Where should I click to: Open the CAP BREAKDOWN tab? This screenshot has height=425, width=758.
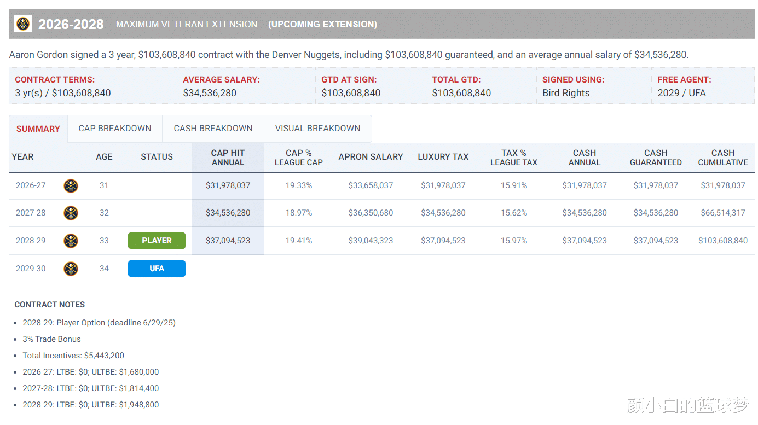[115, 129]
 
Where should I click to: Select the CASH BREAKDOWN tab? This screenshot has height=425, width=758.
[213, 129]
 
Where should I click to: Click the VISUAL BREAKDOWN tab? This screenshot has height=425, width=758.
[317, 129]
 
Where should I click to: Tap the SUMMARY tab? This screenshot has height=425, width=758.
[38, 129]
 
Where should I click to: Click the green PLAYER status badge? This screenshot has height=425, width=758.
[157, 241]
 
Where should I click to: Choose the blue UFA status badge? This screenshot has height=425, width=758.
[157, 269]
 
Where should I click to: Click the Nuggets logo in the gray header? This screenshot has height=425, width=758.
[23, 24]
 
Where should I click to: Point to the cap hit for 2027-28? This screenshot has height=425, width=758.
[228, 213]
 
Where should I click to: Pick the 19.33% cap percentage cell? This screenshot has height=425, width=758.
[298, 185]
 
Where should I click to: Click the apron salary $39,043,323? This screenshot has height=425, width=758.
[371, 241]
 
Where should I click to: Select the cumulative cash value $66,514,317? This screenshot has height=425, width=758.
[722, 213]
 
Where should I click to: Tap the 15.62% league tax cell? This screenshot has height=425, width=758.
[513, 213]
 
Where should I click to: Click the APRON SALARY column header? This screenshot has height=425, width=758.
[371, 157]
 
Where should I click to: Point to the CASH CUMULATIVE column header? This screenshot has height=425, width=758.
[722, 158]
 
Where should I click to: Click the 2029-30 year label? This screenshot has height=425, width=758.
[31, 269]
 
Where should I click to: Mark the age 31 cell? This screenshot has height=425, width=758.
[104, 185]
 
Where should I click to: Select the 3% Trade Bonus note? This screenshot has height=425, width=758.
[51, 339]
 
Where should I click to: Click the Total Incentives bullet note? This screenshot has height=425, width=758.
[73, 356]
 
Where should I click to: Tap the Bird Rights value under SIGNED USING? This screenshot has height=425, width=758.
[566, 93]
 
